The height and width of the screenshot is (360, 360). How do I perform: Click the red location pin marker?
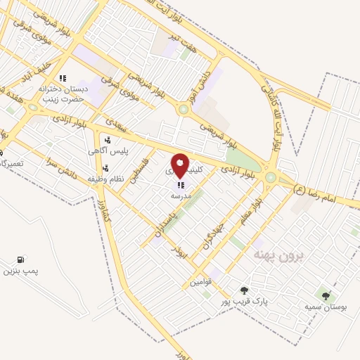[180, 166]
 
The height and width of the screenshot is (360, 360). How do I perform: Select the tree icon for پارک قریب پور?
[244, 290]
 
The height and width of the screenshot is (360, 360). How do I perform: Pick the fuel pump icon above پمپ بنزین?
[20, 259]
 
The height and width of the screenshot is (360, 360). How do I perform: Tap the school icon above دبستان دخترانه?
[63, 79]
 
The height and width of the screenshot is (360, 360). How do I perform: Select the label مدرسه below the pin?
[181, 198]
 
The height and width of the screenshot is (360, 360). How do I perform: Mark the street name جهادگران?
[213, 226]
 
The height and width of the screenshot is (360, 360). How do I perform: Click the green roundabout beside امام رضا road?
[270, 177]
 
